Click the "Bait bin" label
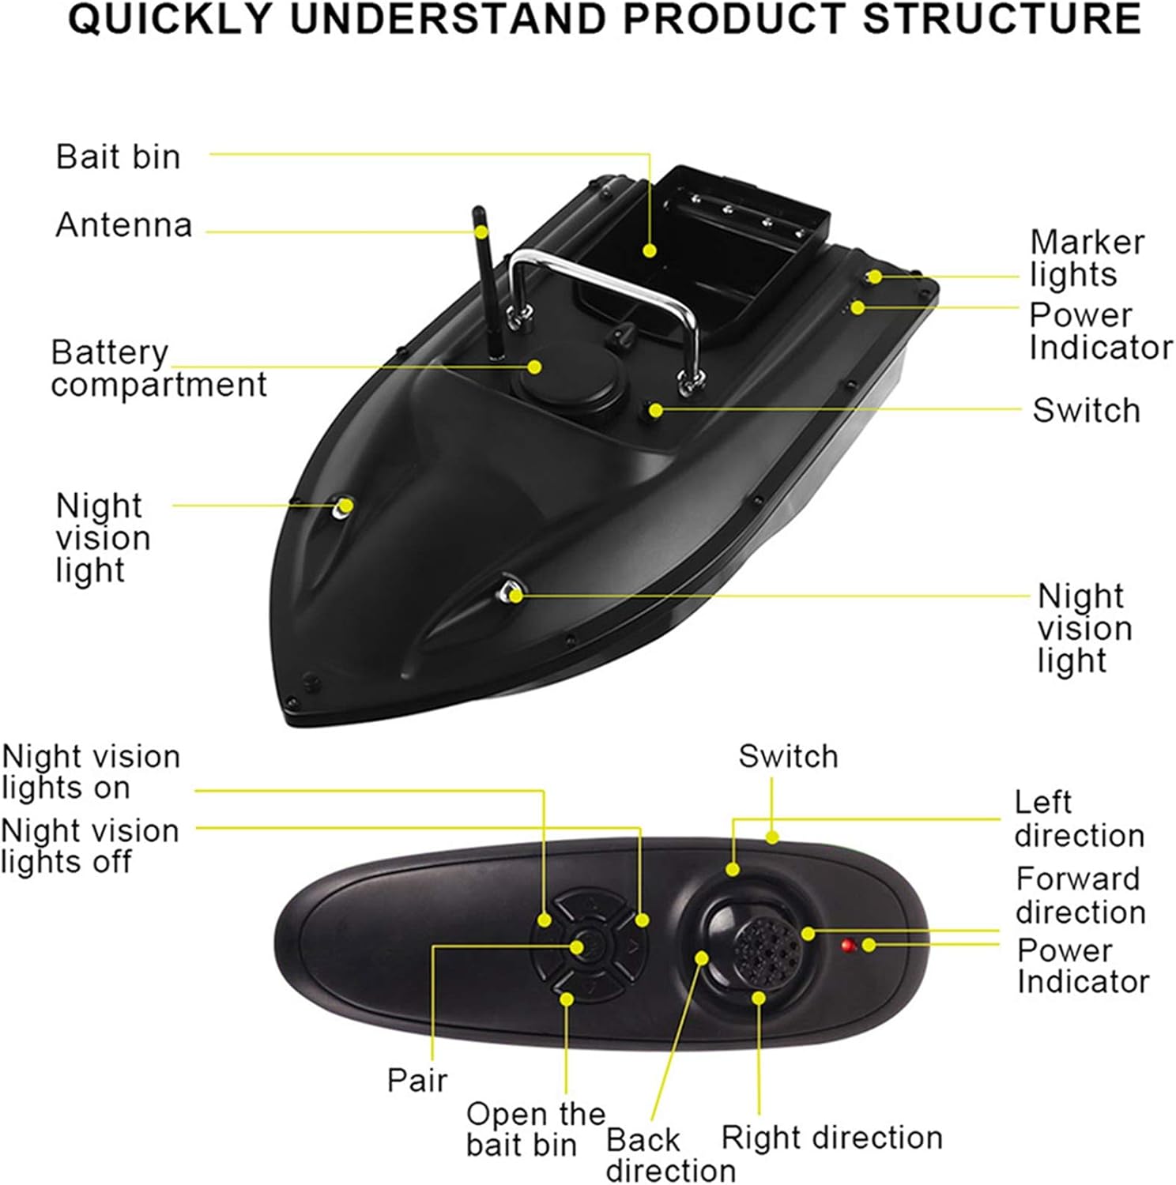119,156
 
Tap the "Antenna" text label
124,225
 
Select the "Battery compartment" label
158,368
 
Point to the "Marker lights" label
1087,258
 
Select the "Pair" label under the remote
416,1079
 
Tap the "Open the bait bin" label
534,1129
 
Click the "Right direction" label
831,1138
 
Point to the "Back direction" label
669,1154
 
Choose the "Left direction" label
1079,818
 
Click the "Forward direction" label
1080,895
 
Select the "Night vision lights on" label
90,772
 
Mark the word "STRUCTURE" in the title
1001,20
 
